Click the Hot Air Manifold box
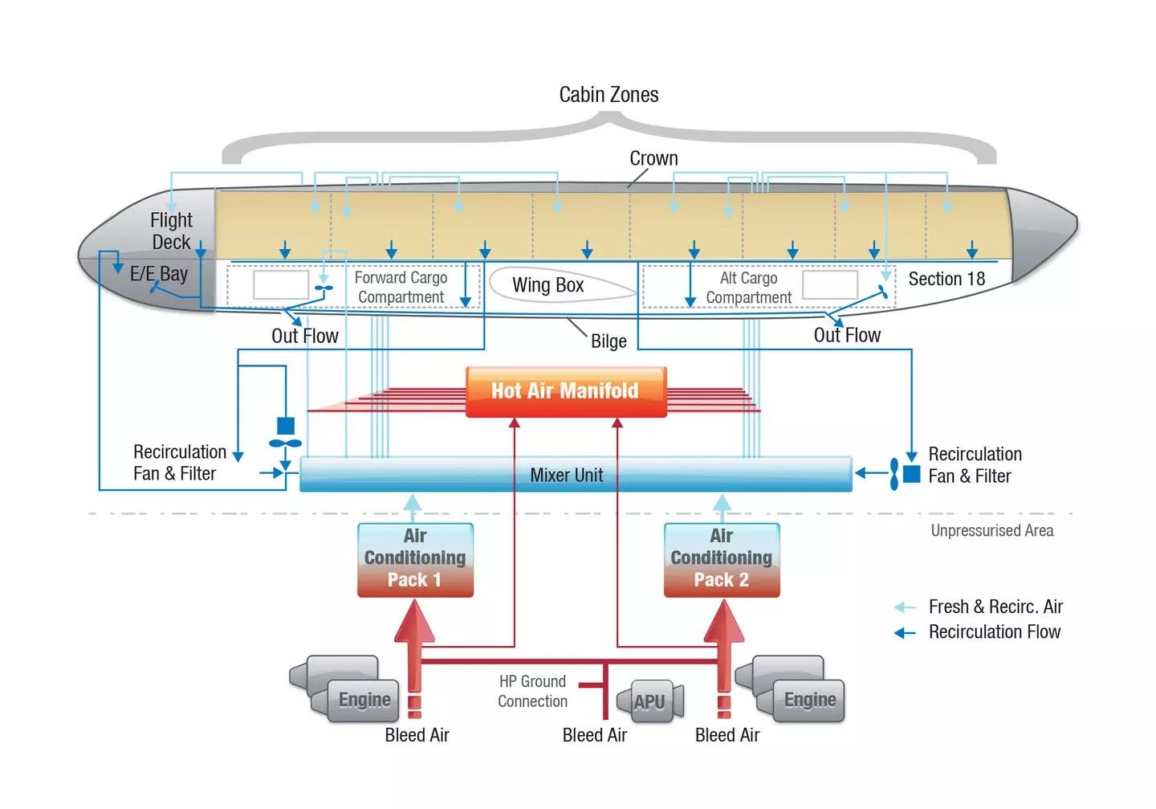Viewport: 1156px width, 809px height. tap(566, 391)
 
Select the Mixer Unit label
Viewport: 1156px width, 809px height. tap(566, 476)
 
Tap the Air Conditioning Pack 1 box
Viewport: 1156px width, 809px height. tap(415, 559)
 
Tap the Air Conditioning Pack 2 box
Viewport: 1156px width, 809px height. tap(722, 559)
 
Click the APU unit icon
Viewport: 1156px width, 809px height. tap(651, 701)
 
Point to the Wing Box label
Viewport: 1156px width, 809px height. tap(548, 285)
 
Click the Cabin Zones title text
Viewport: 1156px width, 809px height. tap(609, 95)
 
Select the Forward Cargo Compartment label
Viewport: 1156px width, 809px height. tap(401, 288)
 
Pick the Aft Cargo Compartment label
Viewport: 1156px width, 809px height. tap(748, 288)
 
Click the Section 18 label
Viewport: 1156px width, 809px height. tap(946, 279)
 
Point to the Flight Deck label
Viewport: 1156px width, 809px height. tap(171, 231)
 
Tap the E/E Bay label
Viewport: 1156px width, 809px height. tap(159, 274)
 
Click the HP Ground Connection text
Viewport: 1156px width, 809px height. tap(532, 691)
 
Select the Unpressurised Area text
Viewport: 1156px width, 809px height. tap(991, 530)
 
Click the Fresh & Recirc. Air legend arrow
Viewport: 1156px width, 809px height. tap(905, 607)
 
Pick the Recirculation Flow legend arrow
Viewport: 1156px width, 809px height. tap(905, 633)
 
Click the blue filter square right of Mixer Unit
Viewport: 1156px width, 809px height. tap(912, 474)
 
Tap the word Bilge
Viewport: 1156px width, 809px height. tap(609, 341)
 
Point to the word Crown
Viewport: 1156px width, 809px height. tap(653, 158)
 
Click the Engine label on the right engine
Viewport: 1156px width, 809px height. tap(810, 700)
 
